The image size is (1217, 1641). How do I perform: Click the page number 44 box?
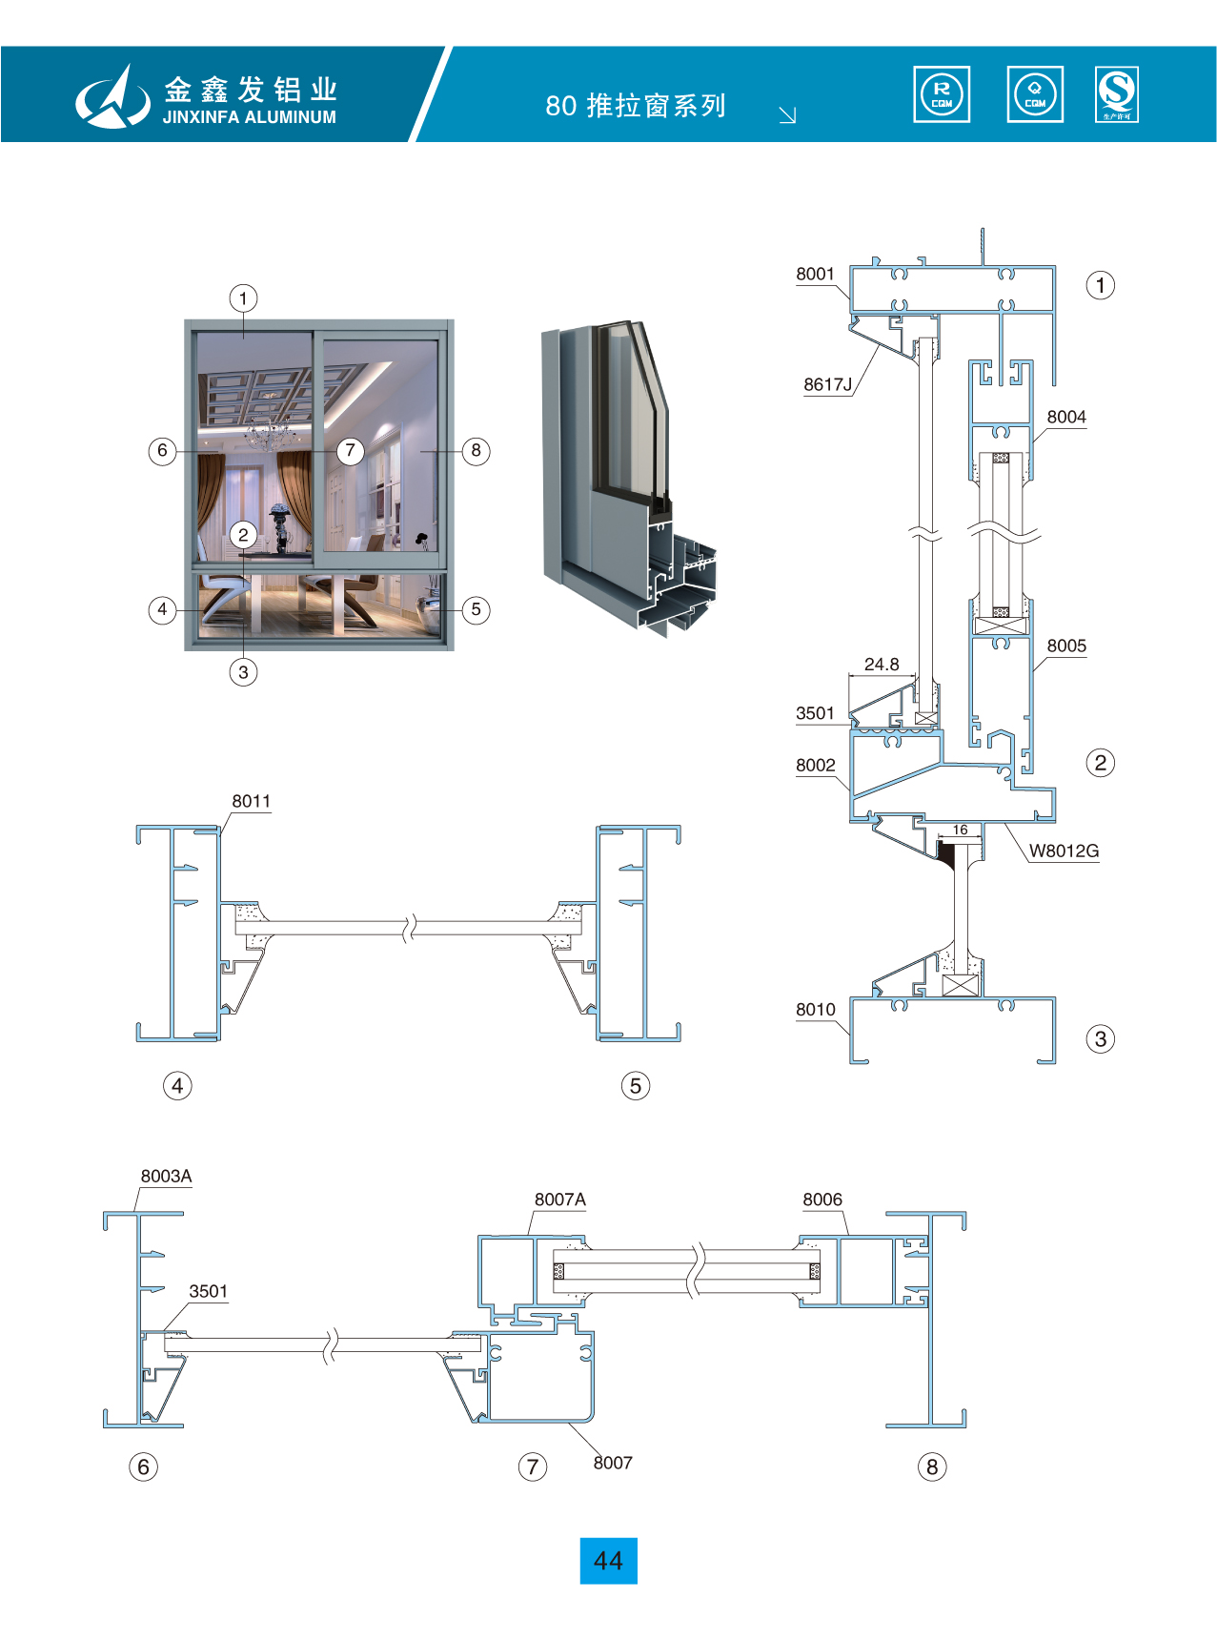click(x=608, y=1560)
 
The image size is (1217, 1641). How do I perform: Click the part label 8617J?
click(x=827, y=384)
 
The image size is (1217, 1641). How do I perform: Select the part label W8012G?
click(x=1064, y=851)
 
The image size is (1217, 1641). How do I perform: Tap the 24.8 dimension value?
click(x=882, y=664)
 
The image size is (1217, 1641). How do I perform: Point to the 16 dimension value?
click(x=961, y=830)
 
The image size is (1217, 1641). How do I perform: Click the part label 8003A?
click(x=166, y=1176)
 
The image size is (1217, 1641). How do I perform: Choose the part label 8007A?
click(x=559, y=1200)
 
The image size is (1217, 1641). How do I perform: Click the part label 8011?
click(x=251, y=801)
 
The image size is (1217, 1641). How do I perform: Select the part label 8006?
click(x=822, y=1200)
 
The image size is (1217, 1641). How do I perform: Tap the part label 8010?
click(x=815, y=1009)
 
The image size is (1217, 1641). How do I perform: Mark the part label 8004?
click(x=1066, y=417)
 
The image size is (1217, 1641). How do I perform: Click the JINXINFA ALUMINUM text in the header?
click(x=249, y=117)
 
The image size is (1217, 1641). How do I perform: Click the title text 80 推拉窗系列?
click(x=636, y=105)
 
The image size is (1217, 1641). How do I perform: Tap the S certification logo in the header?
click(x=1116, y=94)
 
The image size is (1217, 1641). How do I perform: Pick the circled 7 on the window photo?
click(x=351, y=450)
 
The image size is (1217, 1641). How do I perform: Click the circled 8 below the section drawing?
click(x=932, y=1467)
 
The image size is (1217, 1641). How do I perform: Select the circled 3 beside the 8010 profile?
click(x=1101, y=1038)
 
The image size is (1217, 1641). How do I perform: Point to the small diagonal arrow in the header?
click(x=787, y=115)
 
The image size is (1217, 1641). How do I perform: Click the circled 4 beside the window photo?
click(x=163, y=609)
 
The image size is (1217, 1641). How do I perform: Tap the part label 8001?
click(x=815, y=274)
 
